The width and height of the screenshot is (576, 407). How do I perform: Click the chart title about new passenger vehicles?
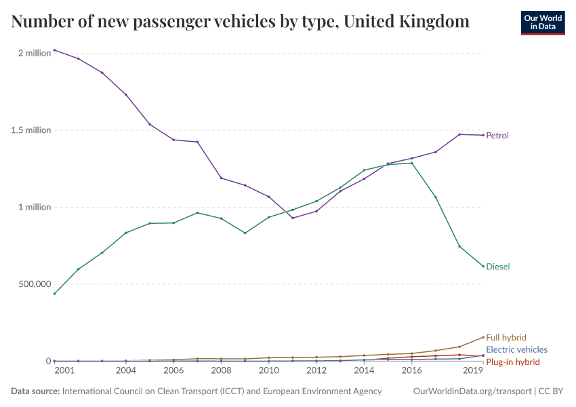pyautogui.click(x=241, y=22)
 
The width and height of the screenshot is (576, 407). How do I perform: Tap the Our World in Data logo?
pyautogui.click(x=542, y=22)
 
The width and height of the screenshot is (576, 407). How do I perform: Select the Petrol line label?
pyautogui.click(x=497, y=136)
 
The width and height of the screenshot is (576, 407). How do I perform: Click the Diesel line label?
pyautogui.click(x=498, y=267)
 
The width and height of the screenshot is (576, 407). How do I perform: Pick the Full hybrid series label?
pyautogui.click(x=506, y=337)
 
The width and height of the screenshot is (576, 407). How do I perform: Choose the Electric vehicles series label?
pyautogui.click(x=516, y=349)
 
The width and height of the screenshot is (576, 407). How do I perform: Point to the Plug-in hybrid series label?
pyautogui.click(x=513, y=362)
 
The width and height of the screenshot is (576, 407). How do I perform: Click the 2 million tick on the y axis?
pyautogui.click(x=34, y=53)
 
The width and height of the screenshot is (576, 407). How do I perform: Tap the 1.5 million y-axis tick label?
pyautogui.click(x=31, y=130)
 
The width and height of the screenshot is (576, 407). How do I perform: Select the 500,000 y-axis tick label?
pyautogui.click(x=34, y=284)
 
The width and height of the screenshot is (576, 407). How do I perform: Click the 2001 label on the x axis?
pyautogui.click(x=64, y=371)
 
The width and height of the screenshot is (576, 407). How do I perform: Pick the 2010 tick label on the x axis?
pyautogui.click(x=269, y=371)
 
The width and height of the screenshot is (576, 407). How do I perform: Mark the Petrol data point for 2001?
pyautogui.click(x=54, y=50)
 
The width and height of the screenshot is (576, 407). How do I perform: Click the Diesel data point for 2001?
pyautogui.click(x=54, y=294)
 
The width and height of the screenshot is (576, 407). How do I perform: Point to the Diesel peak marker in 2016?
pyautogui.click(x=411, y=163)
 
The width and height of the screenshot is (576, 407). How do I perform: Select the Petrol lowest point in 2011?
pyautogui.click(x=293, y=218)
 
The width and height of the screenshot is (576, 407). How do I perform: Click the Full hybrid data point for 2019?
pyautogui.click(x=483, y=337)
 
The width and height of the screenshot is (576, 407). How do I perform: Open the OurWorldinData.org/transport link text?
pyautogui.click(x=472, y=391)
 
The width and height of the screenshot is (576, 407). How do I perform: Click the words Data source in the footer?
pyautogui.click(x=35, y=391)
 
